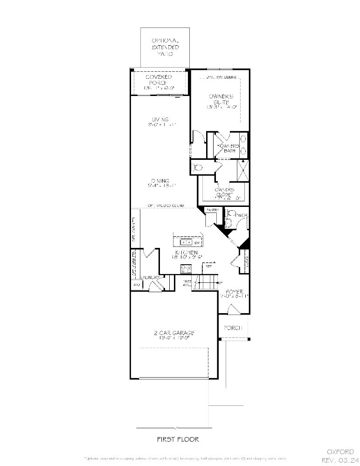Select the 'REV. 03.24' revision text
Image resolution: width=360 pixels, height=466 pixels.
[338, 460]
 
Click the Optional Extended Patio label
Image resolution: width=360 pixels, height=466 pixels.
[165, 48]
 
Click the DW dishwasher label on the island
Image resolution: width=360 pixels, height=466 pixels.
[197, 243]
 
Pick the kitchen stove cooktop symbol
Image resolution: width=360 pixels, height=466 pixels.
[186, 269]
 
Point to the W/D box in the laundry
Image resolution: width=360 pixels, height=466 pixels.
[137, 284]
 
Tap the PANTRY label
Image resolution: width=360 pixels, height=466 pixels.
[213, 211]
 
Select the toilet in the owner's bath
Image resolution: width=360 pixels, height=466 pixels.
[198, 166]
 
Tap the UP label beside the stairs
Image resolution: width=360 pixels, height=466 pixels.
[220, 282]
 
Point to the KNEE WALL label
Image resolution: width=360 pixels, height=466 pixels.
[187, 283]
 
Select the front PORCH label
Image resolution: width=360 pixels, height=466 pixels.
[233, 328]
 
